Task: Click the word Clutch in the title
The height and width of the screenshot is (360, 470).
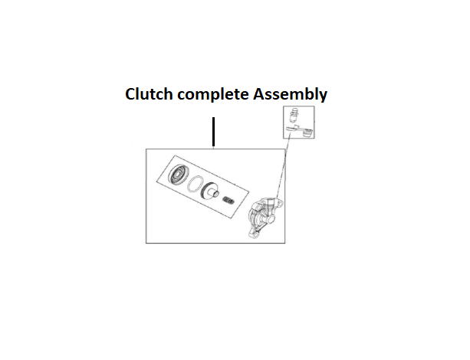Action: (147, 95)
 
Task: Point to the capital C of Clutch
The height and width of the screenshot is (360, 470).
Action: (130, 95)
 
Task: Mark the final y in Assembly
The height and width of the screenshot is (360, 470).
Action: (323, 97)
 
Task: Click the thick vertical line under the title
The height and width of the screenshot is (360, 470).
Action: (214, 132)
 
